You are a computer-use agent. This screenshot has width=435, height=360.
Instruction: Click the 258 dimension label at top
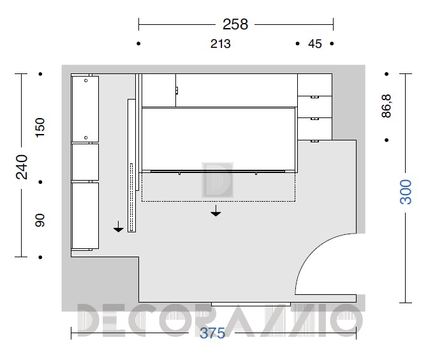tap(235, 24)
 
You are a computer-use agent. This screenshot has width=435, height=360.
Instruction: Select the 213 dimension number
tap(220, 44)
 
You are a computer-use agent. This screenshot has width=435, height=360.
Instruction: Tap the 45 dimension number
tap(315, 44)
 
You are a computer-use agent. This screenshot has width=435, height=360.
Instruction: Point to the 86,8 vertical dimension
tap(386, 106)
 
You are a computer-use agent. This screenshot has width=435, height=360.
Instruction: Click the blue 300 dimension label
tap(406, 192)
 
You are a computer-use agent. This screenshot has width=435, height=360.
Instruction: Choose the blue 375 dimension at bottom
tap(212, 333)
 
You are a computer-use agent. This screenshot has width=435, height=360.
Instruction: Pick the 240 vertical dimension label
tap(22, 167)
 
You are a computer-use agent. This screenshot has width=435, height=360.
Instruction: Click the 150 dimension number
tap(40, 128)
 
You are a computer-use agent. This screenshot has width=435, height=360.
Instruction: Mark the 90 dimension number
tap(40, 220)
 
